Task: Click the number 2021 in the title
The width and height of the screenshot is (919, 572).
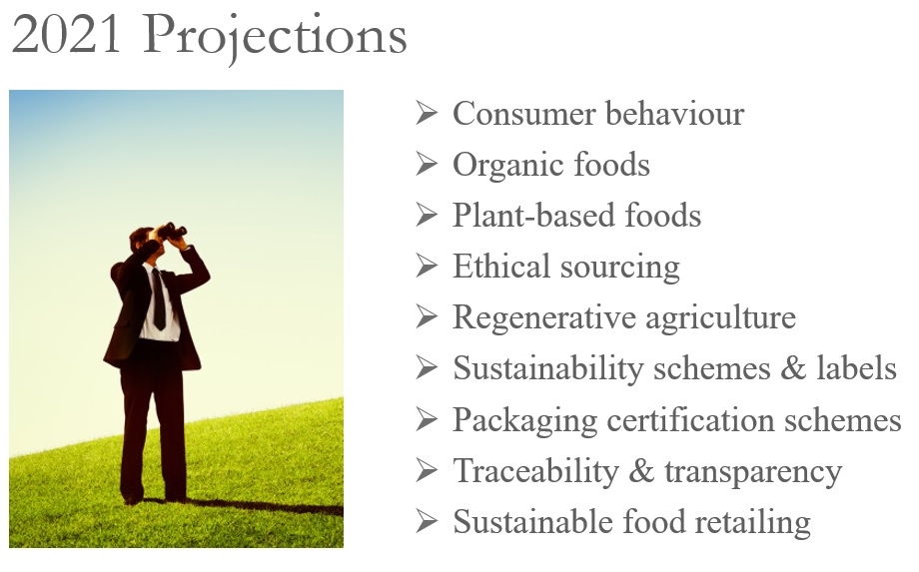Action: click(67, 35)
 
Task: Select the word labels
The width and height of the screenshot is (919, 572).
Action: click(856, 368)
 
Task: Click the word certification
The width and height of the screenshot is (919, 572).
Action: click(690, 420)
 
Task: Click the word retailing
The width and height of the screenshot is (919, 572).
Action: click(752, 523)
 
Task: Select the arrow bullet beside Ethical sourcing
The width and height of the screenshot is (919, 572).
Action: click(427, 267)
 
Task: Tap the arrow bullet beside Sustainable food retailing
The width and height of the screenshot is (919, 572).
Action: click(427, 522)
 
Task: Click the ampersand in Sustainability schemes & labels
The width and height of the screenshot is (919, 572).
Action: click(793, 368)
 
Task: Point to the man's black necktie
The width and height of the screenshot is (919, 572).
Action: click(158, 299)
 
